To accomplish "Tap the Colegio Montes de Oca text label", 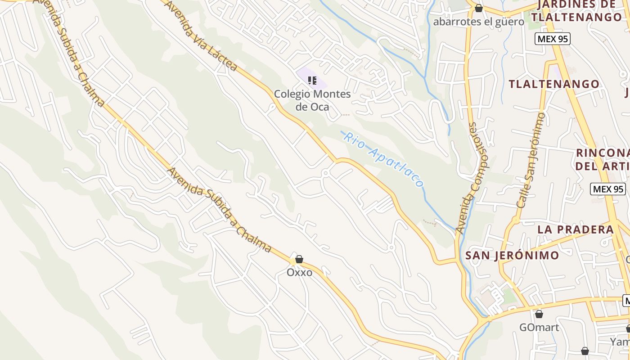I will [x=312, y=100].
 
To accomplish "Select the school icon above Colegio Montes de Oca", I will [x=312, y=81].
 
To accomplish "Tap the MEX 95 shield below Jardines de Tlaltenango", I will [x=553, y=39].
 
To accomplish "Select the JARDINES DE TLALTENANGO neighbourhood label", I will [x=576, y=11].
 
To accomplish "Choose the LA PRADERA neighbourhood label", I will [x=576, y=229].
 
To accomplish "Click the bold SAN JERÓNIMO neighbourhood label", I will [x=512, y=256].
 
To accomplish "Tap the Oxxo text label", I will [x=299, y=272].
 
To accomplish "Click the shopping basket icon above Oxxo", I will [x=299, y=259].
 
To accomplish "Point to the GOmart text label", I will [x=539, y=327].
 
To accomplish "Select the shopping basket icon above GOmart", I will [x=539, y=314].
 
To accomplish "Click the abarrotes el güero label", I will [x=478, y=22].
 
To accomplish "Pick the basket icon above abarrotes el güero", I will [x=479, y=8].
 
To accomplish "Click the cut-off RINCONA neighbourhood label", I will [x=602, y=159].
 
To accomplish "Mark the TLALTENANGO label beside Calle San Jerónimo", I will [x=554, y=84].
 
